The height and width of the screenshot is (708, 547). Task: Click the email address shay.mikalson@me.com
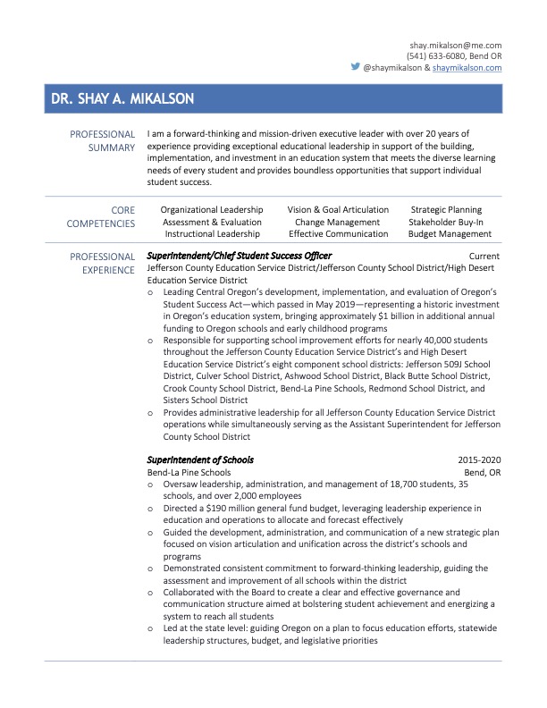(456, 45)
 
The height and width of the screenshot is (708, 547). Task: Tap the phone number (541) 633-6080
(434, 56)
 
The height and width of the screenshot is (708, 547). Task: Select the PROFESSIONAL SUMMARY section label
(103, 141)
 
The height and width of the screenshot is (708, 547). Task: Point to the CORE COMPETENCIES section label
(103, 217)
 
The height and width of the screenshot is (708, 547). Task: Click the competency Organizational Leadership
(212, 210)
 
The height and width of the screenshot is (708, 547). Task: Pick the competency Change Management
(337, 222)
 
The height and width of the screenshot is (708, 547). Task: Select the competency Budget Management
(450, 233)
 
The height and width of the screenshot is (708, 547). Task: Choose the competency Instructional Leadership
(212, 233)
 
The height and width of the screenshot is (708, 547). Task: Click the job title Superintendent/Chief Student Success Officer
(239, 257)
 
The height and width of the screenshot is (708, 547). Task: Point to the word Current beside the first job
(484, 257)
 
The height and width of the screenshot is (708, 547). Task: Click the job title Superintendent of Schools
(200, 460)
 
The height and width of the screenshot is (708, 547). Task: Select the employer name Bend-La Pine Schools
(189, 472)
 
